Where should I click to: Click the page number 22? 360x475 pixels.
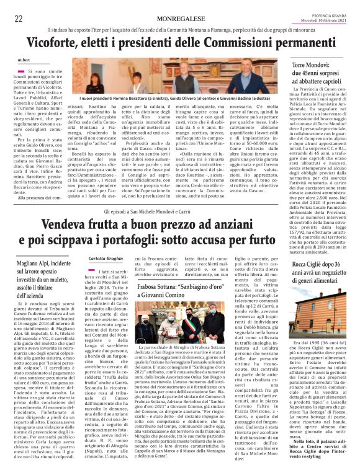click(x=19, y=19)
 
